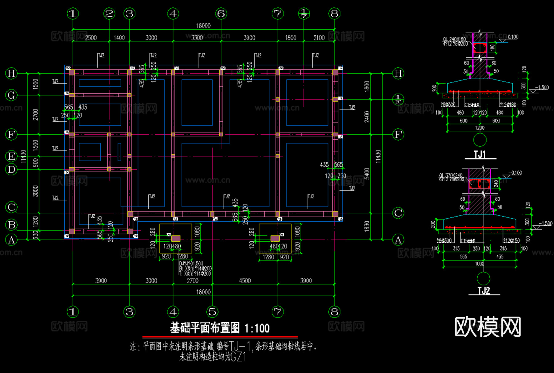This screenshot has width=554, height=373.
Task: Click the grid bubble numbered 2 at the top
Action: [109, 14]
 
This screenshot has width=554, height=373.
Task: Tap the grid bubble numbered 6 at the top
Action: [221, 14]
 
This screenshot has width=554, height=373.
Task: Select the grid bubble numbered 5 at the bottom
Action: [212, 312]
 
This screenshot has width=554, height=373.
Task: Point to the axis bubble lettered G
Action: [11, 95]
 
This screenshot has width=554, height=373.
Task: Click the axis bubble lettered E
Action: [11, 156]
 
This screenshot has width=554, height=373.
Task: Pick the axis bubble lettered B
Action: [12, 225]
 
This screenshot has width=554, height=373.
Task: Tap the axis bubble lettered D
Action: [11, 170]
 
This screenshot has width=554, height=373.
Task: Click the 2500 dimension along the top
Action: [91, 38]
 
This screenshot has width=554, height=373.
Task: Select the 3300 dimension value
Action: [197, 38]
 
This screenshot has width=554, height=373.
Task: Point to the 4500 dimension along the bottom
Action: [245, 281]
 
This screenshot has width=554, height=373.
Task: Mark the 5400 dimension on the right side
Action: [367, 174]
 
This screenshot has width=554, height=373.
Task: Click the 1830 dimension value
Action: [367, 226]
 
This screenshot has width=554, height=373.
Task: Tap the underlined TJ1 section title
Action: [480, 154]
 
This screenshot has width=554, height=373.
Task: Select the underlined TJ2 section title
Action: [484, 291]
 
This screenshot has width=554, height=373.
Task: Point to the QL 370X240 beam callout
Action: [451, 175]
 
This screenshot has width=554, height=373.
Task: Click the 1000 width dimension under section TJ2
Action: [480, 264]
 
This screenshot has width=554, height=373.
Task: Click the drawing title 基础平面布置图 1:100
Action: [220, 328]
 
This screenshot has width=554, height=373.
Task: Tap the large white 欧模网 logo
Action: [488, 327]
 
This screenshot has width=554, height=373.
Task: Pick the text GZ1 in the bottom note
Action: [239, 357]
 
